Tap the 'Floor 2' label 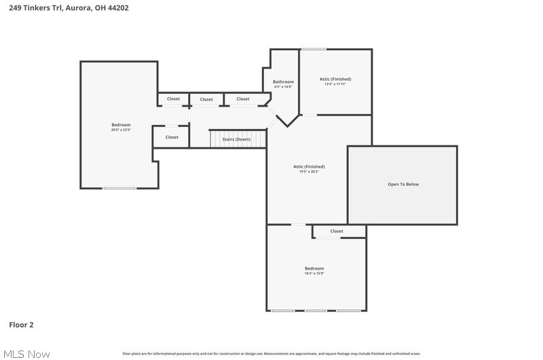point(21,325)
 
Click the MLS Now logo point(26,354)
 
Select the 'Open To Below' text point(403,184)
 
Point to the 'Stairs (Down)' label point(236,139)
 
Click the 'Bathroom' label point(283,82)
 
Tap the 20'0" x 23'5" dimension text point(121,130)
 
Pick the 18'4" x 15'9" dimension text point(314,274)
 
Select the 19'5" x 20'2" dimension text point(309,172)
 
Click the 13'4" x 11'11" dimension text point(335,84)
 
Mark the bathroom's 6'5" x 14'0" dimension point(283,87)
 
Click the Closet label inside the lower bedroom point(337,231)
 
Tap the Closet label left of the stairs point(172,137)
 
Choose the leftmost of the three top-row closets point(174,99)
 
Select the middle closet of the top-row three point(206,99)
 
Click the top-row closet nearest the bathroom point(243,99)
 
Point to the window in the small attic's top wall point(314,49)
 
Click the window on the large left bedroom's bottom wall point(119,188)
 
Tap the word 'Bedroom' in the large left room point(121,124)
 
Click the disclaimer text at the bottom point(271,353)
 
